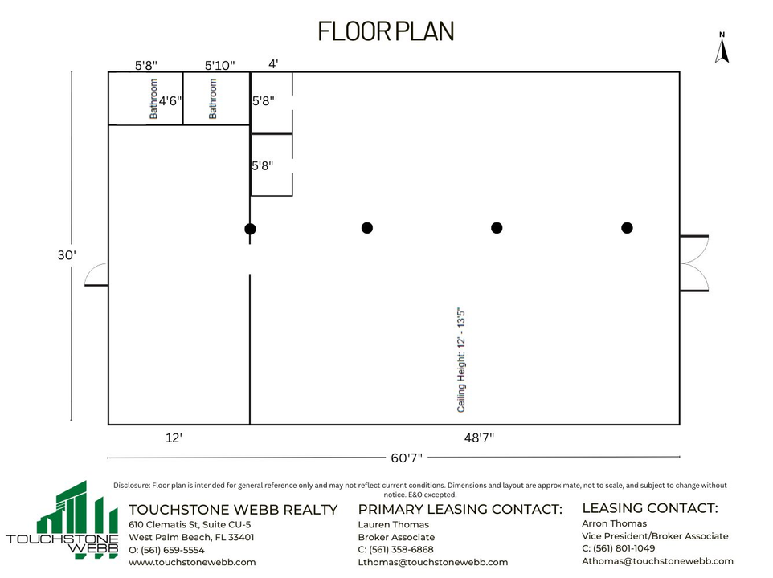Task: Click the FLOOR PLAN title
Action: click(386, 31)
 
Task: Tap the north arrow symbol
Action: click(722, 47)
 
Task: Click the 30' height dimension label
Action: click(67, 255)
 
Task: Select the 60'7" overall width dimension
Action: click(407, 458)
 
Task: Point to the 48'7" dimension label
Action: click(479, 438)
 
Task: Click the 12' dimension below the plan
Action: click(174, 438)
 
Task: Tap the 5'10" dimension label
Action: click(220, 66)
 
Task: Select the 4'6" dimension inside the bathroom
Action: click(170, 101)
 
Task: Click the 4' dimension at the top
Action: click(274, 63)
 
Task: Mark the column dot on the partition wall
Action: click(250, 229)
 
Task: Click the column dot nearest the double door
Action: click(627, 228)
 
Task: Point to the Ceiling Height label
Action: click(461, 360)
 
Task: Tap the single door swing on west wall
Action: click(96, 275)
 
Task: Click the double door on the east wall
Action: click(694, 263)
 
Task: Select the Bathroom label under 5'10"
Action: click(212, 99)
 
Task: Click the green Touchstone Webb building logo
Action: click(63, 520)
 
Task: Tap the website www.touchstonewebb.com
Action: click(192, 562)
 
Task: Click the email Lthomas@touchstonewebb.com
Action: click(433, 562)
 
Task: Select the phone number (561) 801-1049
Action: click(624, 548)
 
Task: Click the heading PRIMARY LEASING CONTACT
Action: click(460, 509)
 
